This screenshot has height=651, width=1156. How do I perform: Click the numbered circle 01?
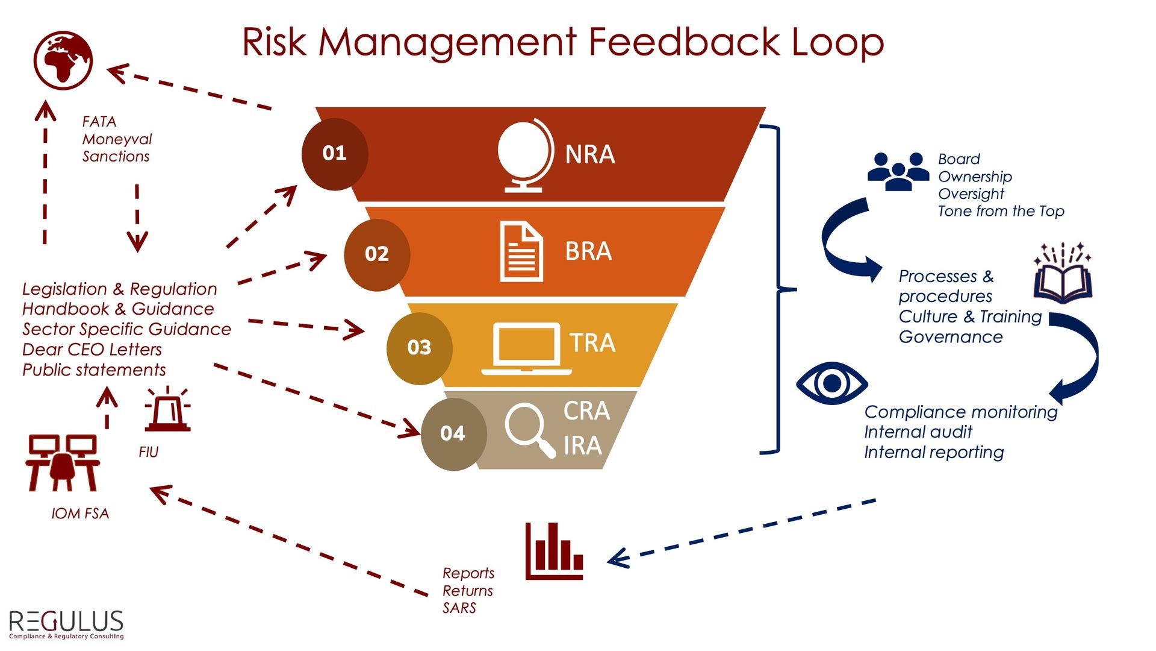click(335, 154)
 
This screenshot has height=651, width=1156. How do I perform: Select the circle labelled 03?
click(419, 348)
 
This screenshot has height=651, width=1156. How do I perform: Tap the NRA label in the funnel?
click(589, 155)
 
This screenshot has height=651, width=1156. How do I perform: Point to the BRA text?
click(588, 251)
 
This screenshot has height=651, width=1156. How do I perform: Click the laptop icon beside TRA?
click(526, 349)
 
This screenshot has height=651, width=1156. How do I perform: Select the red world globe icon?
click(63, 60)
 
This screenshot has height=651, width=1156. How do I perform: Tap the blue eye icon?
click(831, 383)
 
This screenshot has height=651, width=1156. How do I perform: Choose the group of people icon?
click(898, 171)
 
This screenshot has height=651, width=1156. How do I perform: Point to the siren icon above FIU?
click(167, 409)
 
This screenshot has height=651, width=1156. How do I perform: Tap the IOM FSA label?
click(80, 514)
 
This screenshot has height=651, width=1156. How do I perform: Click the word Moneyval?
click(117, 139)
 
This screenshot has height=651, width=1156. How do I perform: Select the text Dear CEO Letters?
click(92, 350)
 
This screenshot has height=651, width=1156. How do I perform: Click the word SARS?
click(459, 608)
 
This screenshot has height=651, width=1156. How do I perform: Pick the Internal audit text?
click(918, 432)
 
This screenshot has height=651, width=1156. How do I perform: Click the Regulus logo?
click(66, 624)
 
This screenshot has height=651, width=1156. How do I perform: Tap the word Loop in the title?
click(837, 42)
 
